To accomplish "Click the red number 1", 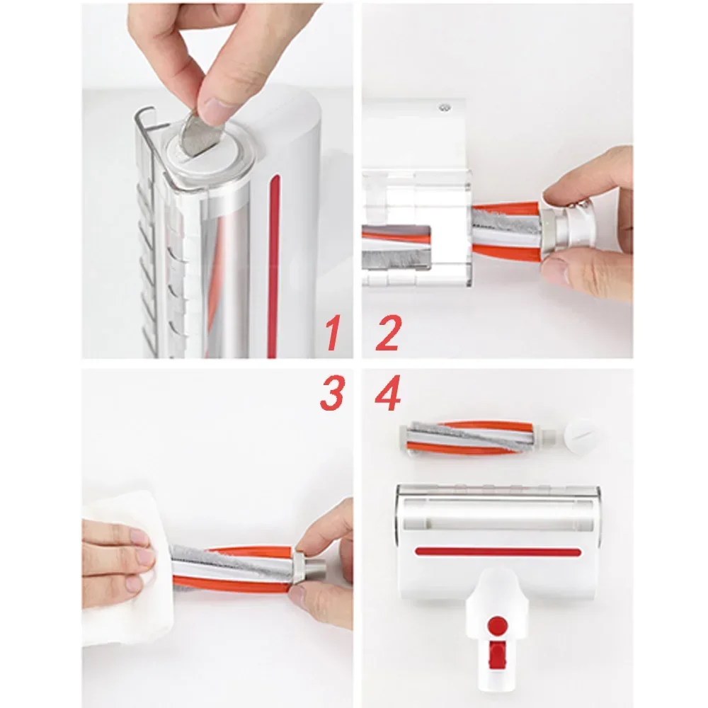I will click(x=331, y=334).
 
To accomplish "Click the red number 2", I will click(x=388, y=334).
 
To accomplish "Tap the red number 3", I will click(x=331, y=394).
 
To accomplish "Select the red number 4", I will click(x=388, y=394).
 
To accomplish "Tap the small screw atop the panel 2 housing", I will click(x=445, y=108).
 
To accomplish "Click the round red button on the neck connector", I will click(x=498, y=624).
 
